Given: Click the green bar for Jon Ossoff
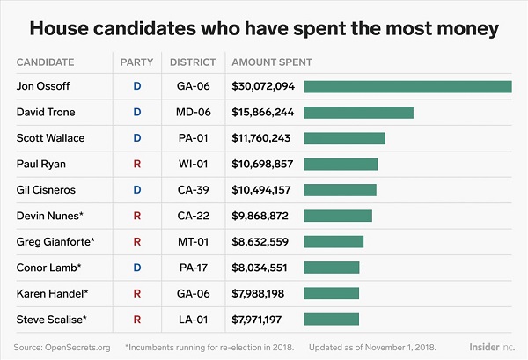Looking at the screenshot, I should pyautogui.click(x=407, y=86).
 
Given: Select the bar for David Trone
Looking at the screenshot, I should pyautogui.click(x=358, y=113).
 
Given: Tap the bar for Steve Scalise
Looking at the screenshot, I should pyautogui.click(x=331, y=318).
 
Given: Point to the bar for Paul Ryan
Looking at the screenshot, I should pyautogui.click(x=341, y=164).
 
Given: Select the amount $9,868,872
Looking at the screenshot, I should pyautogui.click(x=260, y=215).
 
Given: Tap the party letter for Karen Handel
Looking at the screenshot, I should pyautogui.click(x=136, y=292).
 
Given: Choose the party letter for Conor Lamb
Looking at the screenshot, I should pyautogui.click(x=136, y=267).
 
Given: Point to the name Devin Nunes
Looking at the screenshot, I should pyautogui.click(x=47, y=215).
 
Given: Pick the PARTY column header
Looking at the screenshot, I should pyautogui.click(x=136, y=62).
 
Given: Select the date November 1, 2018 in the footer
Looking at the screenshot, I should pyautogui.click(x=402, y=348).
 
